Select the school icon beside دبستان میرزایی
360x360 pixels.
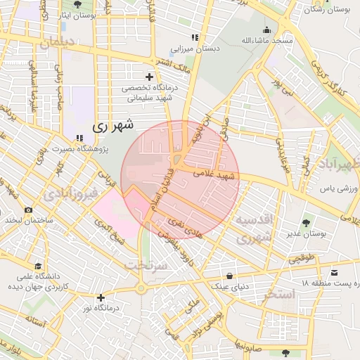[x=195, y=38]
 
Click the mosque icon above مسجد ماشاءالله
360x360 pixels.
[x=266, y=30]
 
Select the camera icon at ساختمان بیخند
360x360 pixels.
[x=29, y=210]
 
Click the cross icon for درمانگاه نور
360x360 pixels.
[x=101, y=297]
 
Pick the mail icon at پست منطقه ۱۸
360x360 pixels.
[x=333, y=272]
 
